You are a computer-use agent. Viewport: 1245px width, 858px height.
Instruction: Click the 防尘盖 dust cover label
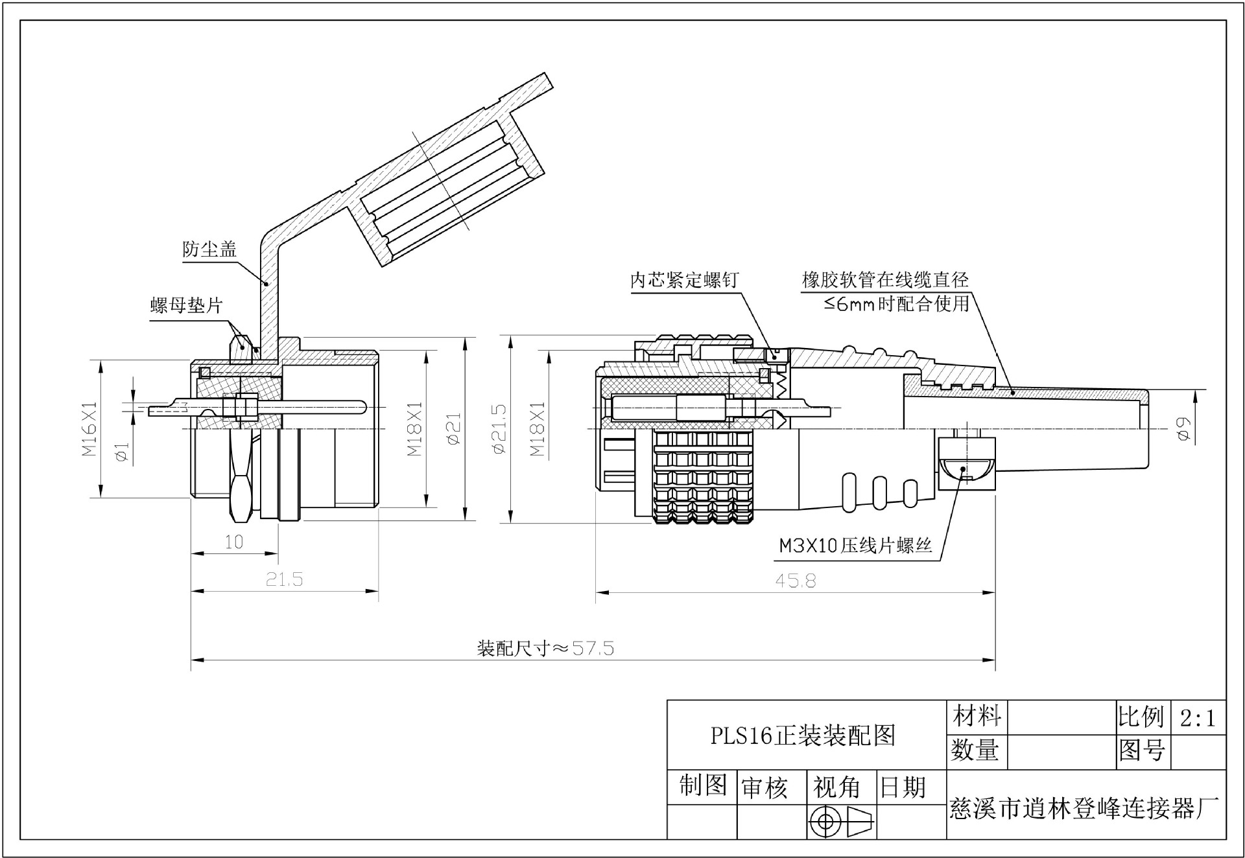209,249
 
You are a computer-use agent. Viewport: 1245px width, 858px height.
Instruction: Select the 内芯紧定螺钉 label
685,280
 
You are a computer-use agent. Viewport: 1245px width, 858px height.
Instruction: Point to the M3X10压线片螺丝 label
856,546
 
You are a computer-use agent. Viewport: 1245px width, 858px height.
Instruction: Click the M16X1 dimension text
89,428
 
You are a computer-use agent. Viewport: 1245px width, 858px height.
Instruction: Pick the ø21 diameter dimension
453,428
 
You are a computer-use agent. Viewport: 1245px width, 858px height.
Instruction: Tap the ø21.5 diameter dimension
499,428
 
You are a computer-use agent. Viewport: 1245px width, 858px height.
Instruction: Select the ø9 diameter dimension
1184,429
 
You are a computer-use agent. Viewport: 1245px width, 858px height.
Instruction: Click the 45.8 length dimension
796,580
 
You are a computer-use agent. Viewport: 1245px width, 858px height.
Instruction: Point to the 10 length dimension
233,542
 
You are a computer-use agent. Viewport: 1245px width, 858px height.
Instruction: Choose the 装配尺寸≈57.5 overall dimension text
545,648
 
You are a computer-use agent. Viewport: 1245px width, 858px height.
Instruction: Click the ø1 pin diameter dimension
122,452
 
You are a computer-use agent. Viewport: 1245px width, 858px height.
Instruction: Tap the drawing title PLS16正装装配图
803,736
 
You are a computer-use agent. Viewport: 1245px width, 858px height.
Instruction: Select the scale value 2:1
1198,718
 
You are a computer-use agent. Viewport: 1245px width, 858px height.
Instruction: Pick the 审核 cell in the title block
764,788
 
